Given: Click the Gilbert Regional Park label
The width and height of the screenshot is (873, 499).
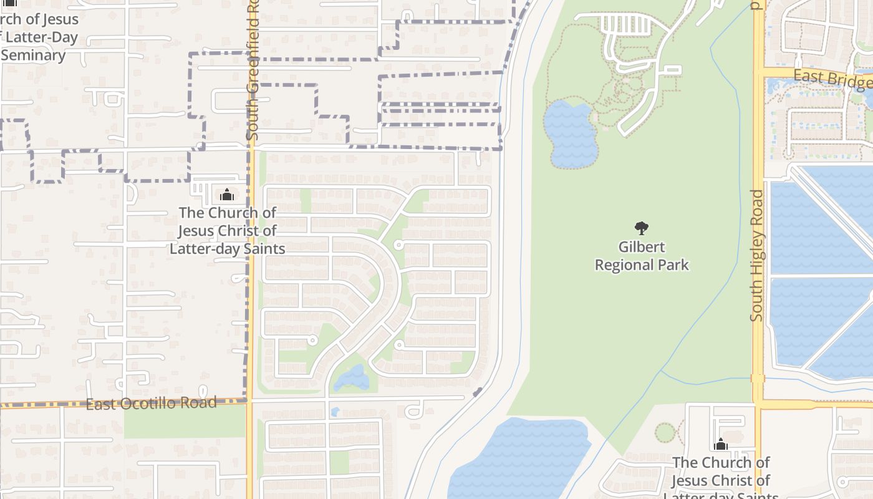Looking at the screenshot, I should [642, 256].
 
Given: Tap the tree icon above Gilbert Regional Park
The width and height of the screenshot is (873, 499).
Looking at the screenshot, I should [641, 228].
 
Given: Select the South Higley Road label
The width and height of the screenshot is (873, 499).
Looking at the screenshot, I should [757, 256].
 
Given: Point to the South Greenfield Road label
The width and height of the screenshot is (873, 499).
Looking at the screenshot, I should [252, 69].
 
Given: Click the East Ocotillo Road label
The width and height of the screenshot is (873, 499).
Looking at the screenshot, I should [151, 403].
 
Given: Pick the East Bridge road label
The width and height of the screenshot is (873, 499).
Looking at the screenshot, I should [833, 79].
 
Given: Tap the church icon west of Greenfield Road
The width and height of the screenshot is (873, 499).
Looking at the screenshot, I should [227, 195].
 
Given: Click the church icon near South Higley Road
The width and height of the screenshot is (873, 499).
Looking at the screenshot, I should [721, 444].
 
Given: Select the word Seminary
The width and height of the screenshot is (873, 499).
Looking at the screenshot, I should [34, 55].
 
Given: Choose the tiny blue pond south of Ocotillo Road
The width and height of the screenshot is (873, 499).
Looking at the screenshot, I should [335, 412].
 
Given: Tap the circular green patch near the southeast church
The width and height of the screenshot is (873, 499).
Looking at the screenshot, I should [665, 432].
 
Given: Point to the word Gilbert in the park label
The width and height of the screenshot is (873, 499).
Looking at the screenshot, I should [642, 247].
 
